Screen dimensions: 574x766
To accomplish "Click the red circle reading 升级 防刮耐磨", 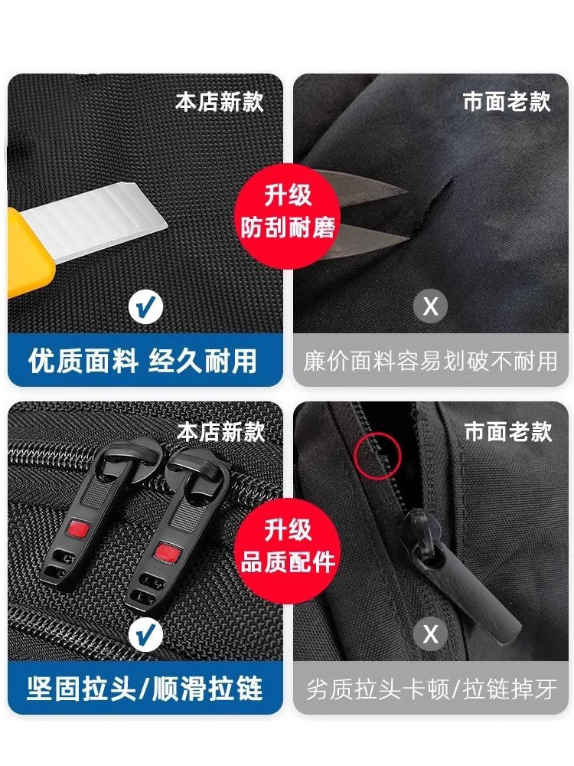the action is (x=288, y=216).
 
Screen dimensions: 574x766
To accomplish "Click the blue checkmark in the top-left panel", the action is (x=145, y=307).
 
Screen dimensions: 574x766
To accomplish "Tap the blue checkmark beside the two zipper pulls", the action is (x=145, y=635).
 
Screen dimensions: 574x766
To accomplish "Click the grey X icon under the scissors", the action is (x=430, y=306).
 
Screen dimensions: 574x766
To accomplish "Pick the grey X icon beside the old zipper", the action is (x=430, y=634).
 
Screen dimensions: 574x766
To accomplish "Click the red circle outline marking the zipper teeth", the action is (x=377, y=455).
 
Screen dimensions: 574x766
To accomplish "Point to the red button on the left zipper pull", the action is (x=77, y=529).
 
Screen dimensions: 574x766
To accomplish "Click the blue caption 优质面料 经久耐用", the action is (x=142, y=362).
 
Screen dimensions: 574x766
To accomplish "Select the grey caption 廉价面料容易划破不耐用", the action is (x=430, y=362).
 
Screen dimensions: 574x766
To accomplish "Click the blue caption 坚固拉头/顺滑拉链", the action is (x=145, y=689).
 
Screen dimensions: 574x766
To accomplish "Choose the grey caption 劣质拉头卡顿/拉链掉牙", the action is (x=431, y=689).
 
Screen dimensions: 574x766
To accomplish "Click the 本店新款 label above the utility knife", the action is (x=220, y=102).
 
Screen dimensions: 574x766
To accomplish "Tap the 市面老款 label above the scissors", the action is (x=507, y=102).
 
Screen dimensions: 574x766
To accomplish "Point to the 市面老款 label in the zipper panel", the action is (x=507, y=432).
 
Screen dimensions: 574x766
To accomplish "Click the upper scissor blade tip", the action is (x=408, y=191).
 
